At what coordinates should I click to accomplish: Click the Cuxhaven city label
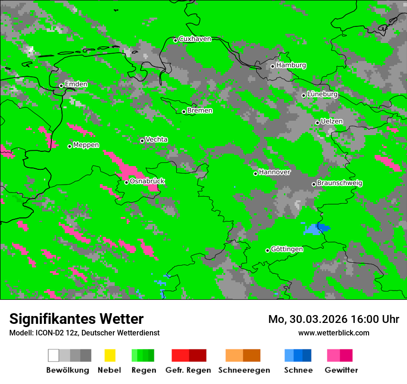click(195, 39)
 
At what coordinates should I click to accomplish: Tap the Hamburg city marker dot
click(273, 66)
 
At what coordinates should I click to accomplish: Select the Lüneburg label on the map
click(322, 94)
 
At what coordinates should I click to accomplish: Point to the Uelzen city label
click(332, 122)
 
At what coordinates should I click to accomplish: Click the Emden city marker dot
click(61, 86)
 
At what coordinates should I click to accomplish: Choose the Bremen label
click(200, 111)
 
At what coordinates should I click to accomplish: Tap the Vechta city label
click(156, 140)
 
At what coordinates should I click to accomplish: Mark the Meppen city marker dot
click(70, 146)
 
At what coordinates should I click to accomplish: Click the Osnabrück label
click(147, 181)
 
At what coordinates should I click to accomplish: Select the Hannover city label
click(275, 173)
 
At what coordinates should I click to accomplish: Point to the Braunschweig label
click(339, 183)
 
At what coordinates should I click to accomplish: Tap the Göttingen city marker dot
click(267, 250)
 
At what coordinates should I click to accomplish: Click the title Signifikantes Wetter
click(76, 319)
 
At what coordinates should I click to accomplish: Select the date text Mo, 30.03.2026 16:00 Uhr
click(333, 319)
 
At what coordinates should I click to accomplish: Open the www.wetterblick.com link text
click(333, 333)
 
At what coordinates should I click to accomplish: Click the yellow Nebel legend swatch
click(110, 355)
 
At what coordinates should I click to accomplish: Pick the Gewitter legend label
click(341, 370)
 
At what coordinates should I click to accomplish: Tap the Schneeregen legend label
click(244, 370)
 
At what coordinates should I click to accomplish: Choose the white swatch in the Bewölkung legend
click(54, 355)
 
